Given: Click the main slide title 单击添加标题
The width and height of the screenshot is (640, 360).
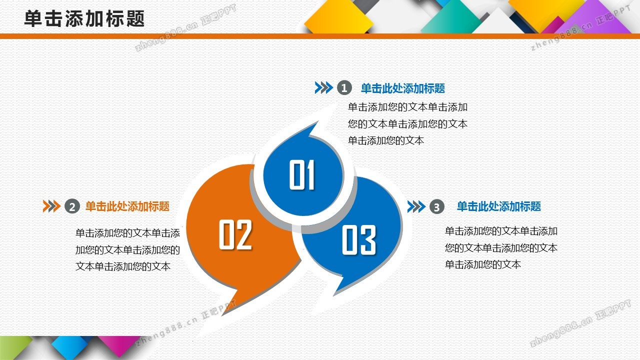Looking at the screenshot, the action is [84, 19].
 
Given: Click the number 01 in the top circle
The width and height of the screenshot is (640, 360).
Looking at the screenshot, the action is [302, 174].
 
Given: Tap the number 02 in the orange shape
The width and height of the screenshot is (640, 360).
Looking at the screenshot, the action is [235, 234].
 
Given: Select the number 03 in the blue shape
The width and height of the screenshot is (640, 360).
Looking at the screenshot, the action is [359, 239].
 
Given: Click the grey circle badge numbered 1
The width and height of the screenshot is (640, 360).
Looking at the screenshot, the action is [344, 87].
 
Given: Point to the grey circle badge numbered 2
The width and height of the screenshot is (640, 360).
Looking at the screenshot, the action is [72, 206].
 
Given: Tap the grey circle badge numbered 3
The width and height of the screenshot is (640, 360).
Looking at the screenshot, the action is [437, 206].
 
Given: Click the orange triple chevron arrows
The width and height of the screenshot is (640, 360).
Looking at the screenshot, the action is [51, 206].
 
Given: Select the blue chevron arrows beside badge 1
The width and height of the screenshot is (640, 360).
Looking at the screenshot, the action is [323, 87].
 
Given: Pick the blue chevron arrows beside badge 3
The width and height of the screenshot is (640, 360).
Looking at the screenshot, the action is [416, 206].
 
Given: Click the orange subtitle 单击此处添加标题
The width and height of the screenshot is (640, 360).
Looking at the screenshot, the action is [127, 206].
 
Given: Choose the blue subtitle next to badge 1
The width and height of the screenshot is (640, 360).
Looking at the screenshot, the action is [403, 88].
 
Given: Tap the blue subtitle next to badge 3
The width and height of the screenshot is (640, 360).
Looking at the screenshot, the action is [499, 206].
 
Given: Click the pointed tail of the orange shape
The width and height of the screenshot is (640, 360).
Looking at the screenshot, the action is [222, 315].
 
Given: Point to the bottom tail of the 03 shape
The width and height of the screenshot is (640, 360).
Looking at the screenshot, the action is [334, 295].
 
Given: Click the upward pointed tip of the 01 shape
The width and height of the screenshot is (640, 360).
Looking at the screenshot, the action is [317, 122].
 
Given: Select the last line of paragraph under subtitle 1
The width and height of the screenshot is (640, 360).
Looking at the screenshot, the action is [385, 140].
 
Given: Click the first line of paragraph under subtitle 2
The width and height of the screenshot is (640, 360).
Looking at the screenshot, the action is [127, 233].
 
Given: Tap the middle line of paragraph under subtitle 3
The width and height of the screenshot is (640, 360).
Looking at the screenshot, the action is [501, 247].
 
